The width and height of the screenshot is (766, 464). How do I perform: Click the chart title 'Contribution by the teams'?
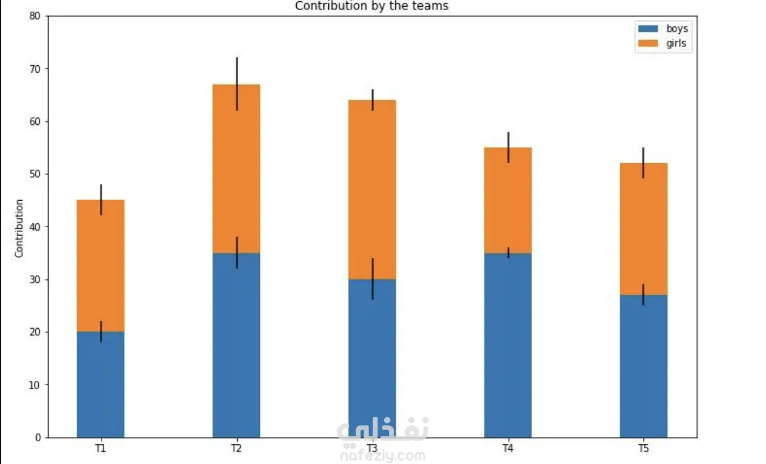coord(371,6)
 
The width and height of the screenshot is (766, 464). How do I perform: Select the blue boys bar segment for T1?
coord(101,385)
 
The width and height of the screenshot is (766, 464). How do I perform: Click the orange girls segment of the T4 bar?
coord(508,200)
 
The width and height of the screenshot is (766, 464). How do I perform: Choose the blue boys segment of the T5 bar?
coord(643,366)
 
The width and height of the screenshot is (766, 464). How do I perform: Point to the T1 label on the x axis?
coord(101,449)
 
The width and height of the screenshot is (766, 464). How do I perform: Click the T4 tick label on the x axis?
coord(508,449)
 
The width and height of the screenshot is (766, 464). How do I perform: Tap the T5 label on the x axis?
coord(643,449)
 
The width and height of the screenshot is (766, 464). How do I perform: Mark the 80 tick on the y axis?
coord(34,17)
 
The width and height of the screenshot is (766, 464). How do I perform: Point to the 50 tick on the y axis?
coord(34,174)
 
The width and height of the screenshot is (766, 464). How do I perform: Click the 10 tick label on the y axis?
coord(34,385)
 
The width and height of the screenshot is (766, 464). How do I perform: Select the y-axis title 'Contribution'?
coord(19,228)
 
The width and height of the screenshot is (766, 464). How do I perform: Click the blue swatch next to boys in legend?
coord(648,29)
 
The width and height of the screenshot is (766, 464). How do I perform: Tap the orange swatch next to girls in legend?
coord(648,44)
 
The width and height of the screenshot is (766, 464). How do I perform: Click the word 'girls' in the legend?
coord(676,44)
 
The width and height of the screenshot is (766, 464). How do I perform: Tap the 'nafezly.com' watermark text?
coord(382,456)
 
